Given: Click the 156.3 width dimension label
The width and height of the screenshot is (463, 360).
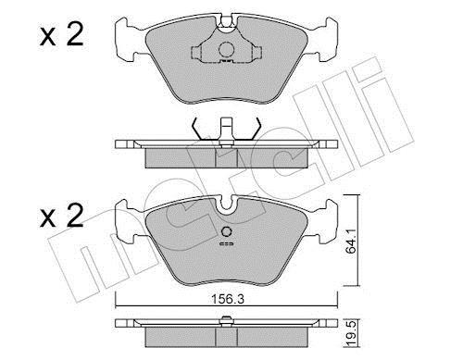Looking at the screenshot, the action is coord(228,299).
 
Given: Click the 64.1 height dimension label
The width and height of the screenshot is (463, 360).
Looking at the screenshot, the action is coord(351,241).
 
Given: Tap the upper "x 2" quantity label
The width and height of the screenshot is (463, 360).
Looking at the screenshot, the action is coord(62,35).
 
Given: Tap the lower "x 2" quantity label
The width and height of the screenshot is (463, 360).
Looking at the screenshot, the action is coord(62,216).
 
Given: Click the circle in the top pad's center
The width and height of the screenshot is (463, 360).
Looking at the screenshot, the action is coord(227,49).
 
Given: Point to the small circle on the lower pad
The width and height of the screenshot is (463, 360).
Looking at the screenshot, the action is coord(227,231).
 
